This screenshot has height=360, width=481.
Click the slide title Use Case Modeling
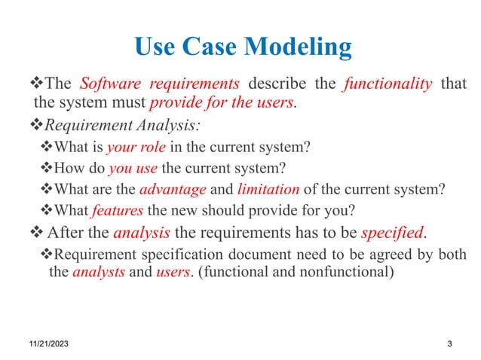242,47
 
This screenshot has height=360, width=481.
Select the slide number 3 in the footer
449,344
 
